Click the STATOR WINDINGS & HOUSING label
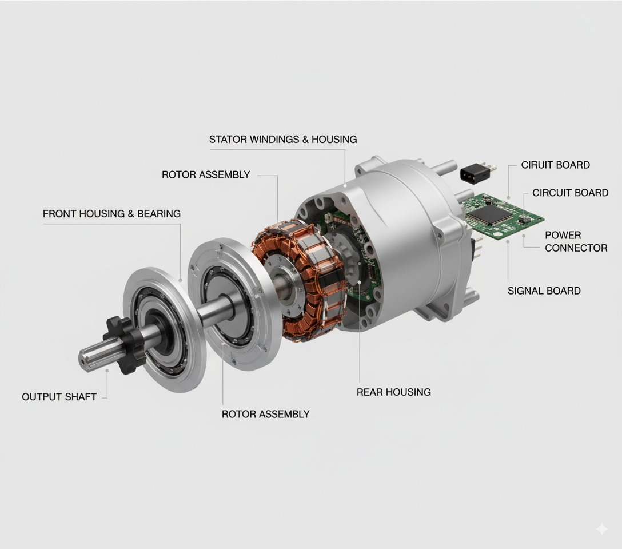283,139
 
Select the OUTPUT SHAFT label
59,397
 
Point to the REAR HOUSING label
393,392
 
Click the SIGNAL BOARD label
544,291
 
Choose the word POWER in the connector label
563,235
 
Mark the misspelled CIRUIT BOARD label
555,165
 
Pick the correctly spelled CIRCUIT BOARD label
570,193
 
